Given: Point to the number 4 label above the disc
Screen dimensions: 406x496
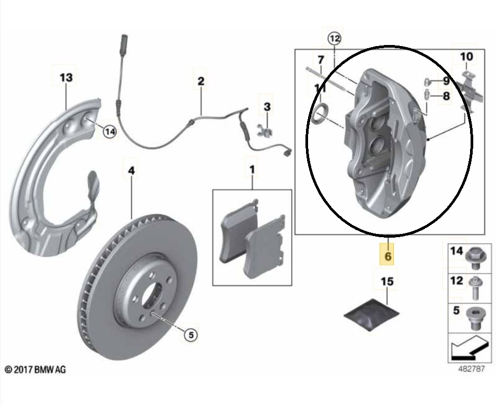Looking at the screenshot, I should coord(131,170).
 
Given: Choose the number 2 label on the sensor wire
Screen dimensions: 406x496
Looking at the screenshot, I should coord(201,82).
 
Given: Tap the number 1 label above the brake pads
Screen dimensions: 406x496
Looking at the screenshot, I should coord(252,170).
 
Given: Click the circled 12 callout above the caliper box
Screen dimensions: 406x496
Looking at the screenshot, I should coord(335,38).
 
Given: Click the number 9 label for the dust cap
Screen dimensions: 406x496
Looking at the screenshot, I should coord(446,82).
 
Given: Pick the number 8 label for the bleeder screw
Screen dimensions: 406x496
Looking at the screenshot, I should coord(446,96).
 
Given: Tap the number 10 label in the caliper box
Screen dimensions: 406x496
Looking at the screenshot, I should coord(466,56).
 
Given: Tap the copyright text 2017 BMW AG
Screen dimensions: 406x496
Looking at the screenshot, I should coord(35,369).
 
